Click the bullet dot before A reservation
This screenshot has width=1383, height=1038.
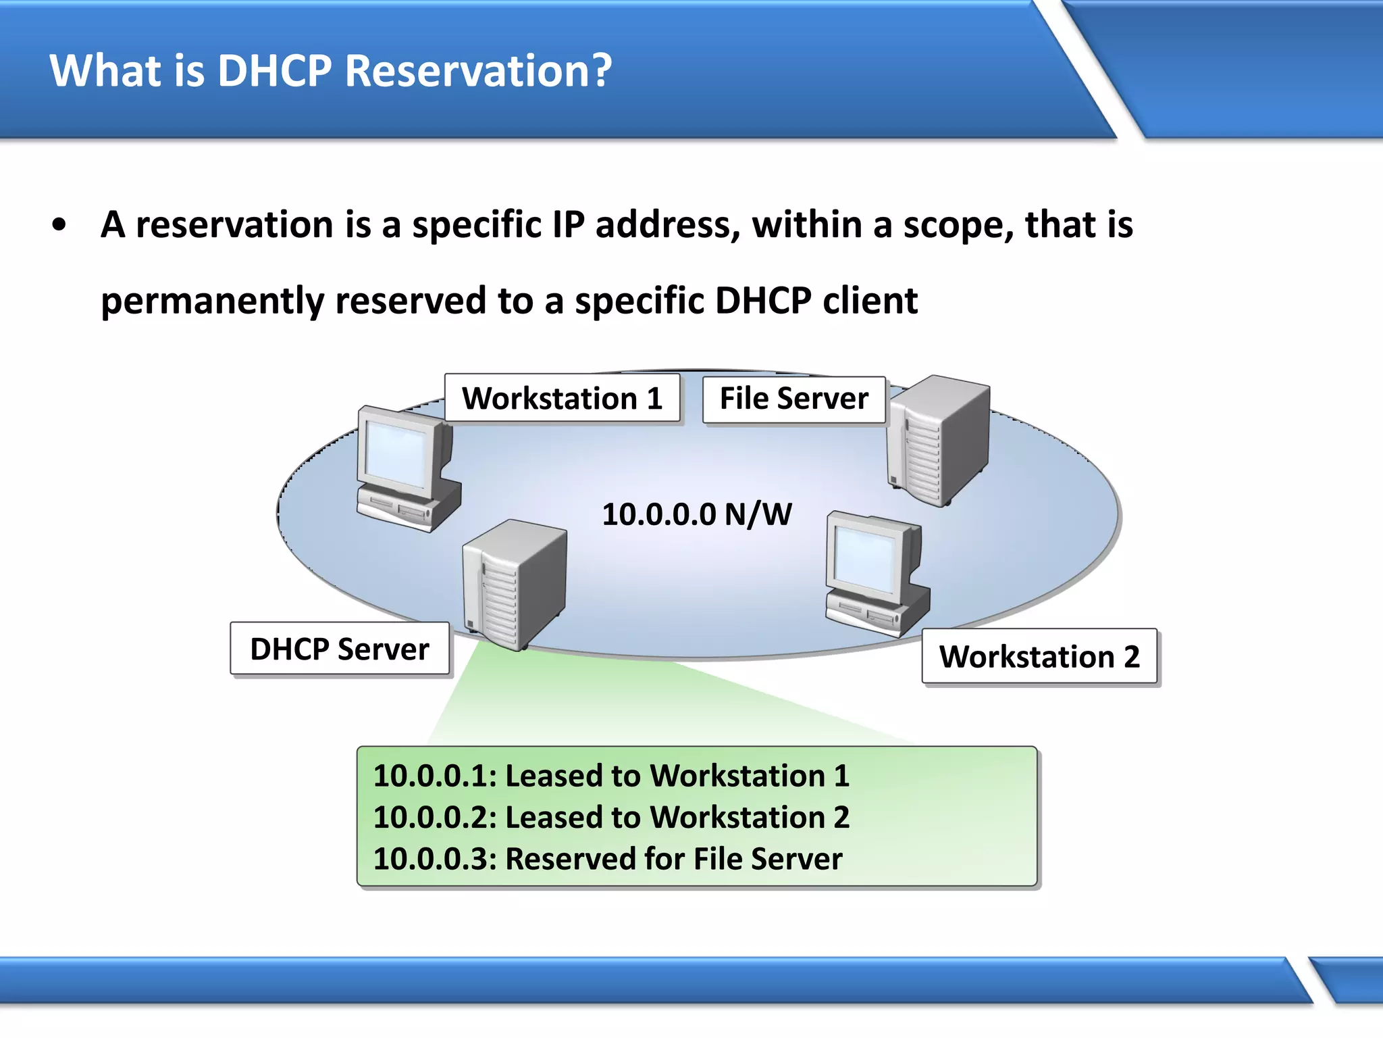point(59,226)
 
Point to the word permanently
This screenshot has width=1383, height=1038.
point(212,301)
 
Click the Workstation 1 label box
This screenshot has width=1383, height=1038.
point(562,398)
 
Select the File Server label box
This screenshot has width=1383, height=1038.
point(793,399)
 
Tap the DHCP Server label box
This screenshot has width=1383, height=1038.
point(339,649)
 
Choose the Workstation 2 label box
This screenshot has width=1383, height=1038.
point(1039,657)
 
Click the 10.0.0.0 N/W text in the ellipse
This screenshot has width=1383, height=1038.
point(696,514)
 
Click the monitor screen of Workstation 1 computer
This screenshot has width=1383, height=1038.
point(397,454)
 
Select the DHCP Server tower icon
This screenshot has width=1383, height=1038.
point(514,584)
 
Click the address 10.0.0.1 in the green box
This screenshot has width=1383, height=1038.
point(434,776)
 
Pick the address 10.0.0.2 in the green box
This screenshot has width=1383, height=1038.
point(434,818)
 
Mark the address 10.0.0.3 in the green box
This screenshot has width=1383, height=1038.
point(434,859)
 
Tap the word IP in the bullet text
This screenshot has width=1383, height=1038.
point(568,226)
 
